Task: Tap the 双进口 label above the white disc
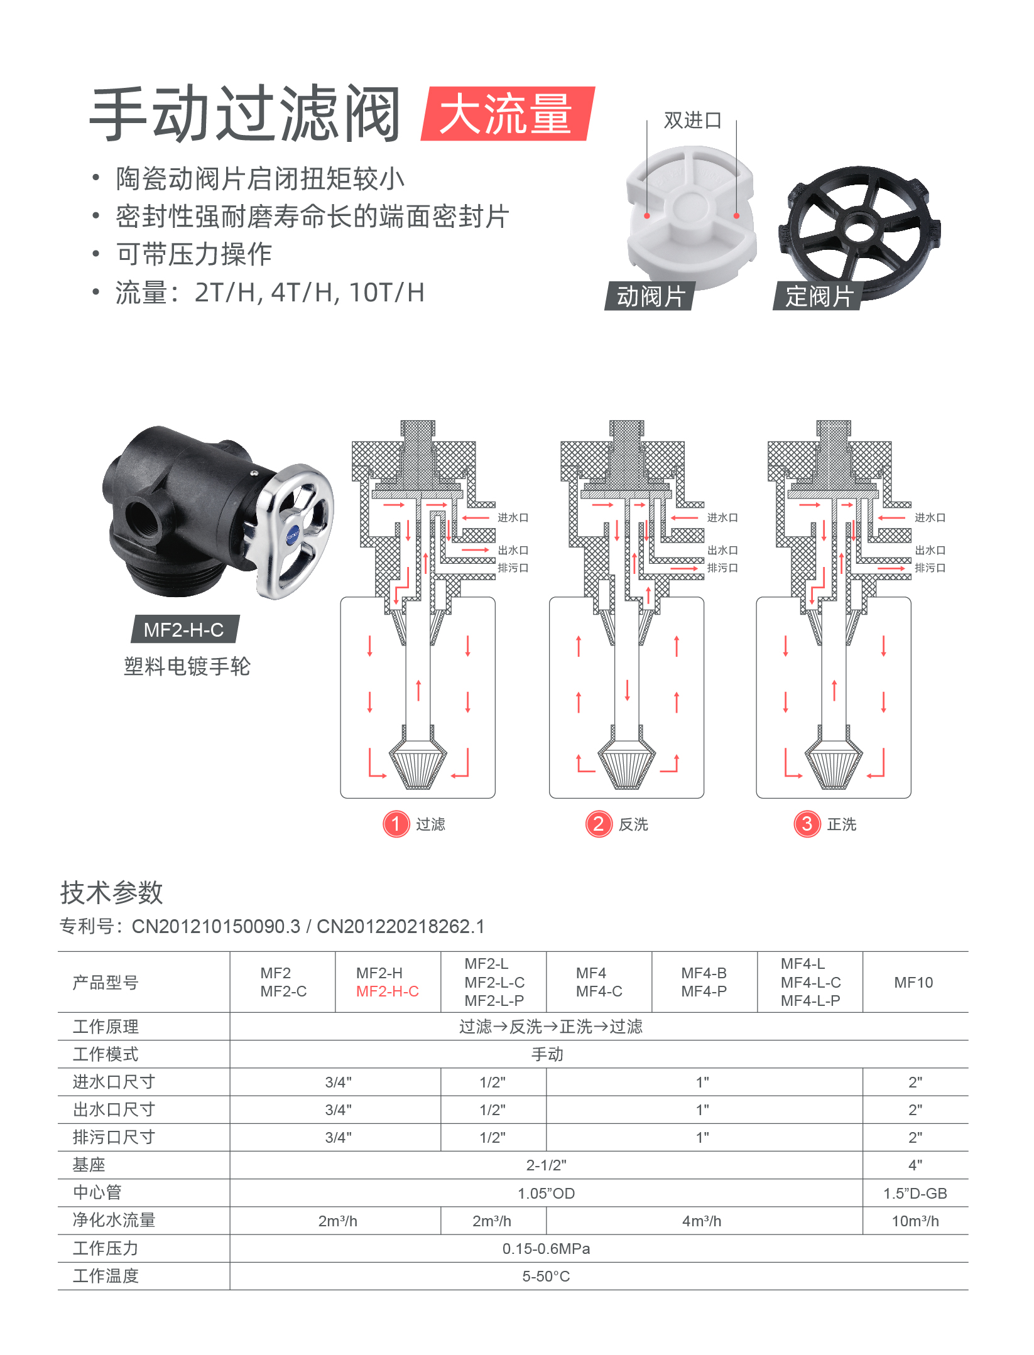pyautogui.click(x=692, y=120)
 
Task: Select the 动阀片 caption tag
pyautogui.click(x=650, y=296)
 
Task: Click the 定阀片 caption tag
pyautogui.click(x=819, y=296)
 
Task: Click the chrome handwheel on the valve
pyautogui.click(x=295, y=531)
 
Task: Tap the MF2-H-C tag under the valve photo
pyautogui.click(x=183, y=629)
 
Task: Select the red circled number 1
pyautogui.click(x=396, y=824)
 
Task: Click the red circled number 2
pyautogui.click(x=599, y=824)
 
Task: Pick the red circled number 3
pyautogui.click(x=807, y=824)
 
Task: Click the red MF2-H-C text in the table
pyautogui.click(x=387, y=991)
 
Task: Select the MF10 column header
pyautogui.click(x=913, y=983)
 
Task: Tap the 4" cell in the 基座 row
pyautogui.click(x=915, y=1165)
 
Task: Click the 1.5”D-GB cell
pyautogui.click(x=915, y=1194)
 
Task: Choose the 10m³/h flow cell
pyautogui.click(x=915, y=1221)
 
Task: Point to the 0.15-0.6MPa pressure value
pyautogui.click(x=546, y=1249)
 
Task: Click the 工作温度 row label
pyautogui.click(x=106, y=1277)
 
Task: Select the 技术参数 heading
pyautogui.click(x=112, y=893)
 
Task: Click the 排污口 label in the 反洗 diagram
pyautogui.click(x=722, y=568)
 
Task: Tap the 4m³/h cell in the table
pyautogui.click(x=702, y=1221)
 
